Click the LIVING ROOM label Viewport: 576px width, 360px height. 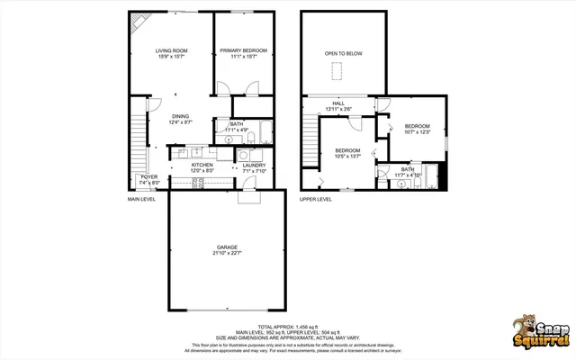coord(170,51)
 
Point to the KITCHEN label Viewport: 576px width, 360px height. coord(202,166)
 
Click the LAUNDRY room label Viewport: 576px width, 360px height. coord(254,166)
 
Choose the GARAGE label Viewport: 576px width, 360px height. coord(227,246)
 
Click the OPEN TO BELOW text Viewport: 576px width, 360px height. coord(344,54)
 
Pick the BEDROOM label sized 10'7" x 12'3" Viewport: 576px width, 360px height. coord(417,126)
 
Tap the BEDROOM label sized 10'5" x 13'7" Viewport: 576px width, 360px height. coord(347,150)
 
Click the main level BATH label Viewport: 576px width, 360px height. coord(237,124)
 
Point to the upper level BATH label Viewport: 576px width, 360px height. coord(408,169)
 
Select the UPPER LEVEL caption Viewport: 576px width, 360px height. coord(316,199)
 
